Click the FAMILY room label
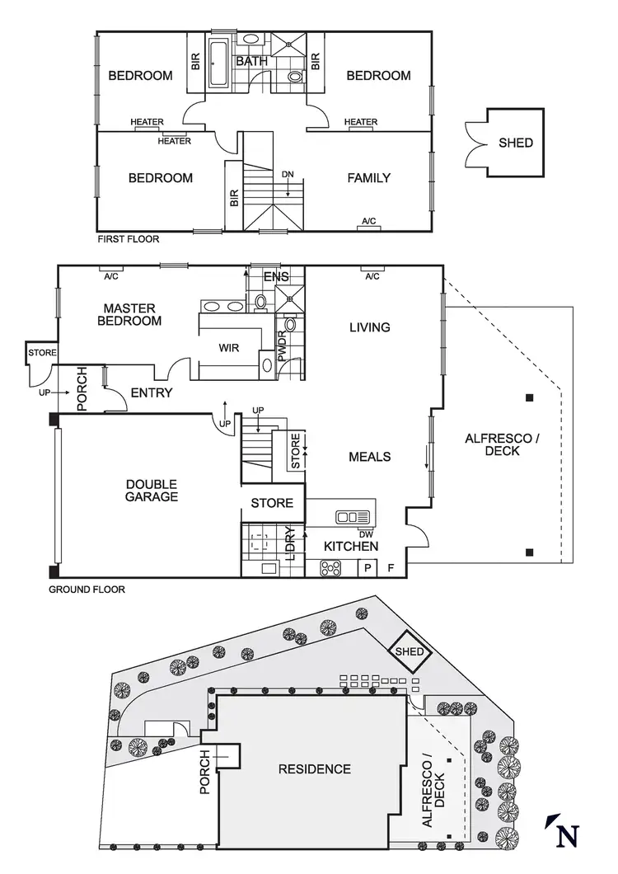368,177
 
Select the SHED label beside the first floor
516,143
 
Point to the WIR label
229,348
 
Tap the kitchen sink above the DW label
352,517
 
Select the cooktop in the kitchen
331,567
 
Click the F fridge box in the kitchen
391,567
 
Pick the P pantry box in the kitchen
367,567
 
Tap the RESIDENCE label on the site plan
314,769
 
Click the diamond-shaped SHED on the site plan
410,652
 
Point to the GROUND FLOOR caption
87,590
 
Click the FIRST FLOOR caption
128,239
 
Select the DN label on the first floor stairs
287,175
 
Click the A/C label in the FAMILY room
368,221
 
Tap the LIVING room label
369,327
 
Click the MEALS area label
369,457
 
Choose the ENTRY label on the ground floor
152,392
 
